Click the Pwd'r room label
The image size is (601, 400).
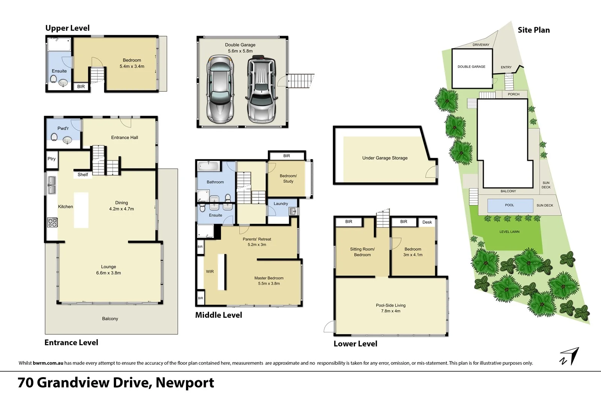click(63, 128)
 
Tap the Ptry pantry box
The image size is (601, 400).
click(51, 159)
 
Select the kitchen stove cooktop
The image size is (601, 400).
click(52, 222)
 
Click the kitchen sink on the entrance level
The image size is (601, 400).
click(51, 185)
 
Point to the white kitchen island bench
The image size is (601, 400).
click(81, 210)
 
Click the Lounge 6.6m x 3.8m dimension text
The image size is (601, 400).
click(108, 273)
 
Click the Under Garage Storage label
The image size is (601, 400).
click(385, 158)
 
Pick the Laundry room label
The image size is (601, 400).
click(281, 204)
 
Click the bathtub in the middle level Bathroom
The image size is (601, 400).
click(209, 165)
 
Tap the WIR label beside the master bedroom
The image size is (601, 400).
click(210, 271)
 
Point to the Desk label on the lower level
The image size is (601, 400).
click(427, 222)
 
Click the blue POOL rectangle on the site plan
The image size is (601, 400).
click(510, 205)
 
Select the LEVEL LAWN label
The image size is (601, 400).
click(509, 232)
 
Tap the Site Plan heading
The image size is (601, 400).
click(533, 30)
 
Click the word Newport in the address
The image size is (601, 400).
click(185, 382)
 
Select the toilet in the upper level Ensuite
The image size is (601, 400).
click(53, 80)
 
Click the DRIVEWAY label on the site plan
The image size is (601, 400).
click(481, 45)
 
